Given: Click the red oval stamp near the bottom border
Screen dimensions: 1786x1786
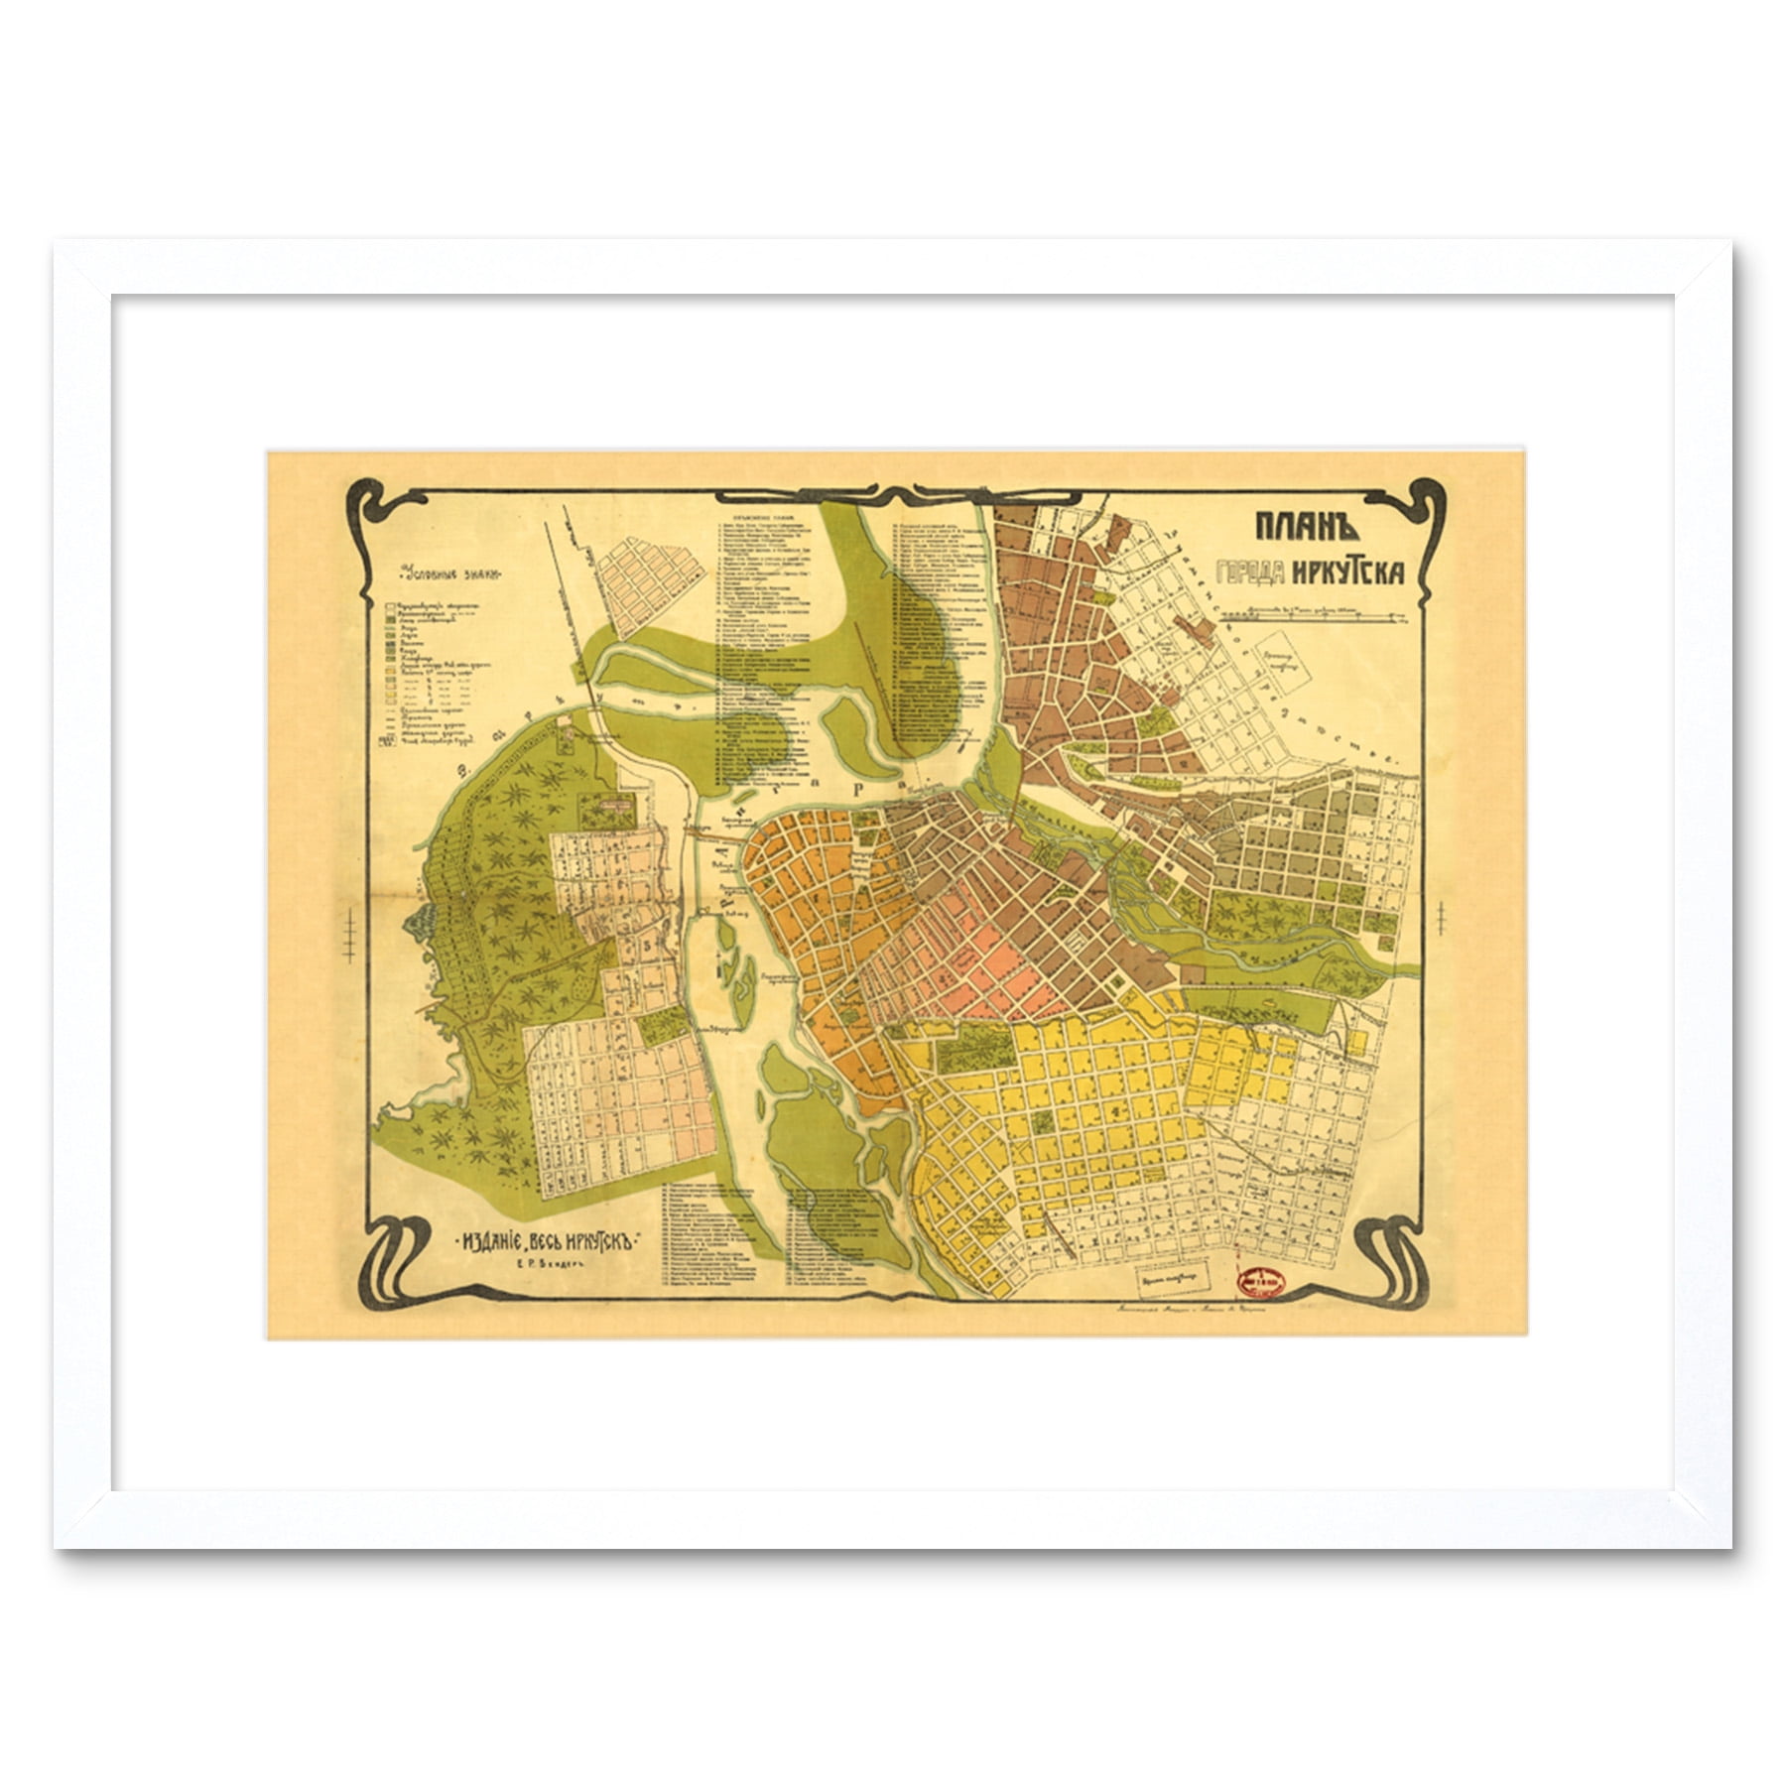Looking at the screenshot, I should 1260,1282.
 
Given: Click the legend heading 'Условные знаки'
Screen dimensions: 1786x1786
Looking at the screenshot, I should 449,574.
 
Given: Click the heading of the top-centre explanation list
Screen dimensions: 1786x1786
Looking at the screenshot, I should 752,518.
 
